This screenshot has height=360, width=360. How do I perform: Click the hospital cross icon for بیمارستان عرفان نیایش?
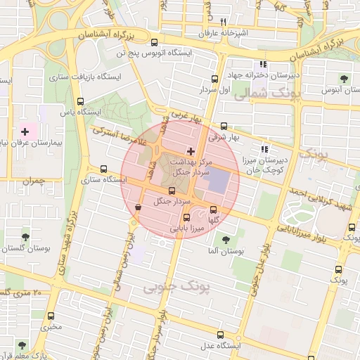25,131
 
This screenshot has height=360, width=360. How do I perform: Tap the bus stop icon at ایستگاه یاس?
80,101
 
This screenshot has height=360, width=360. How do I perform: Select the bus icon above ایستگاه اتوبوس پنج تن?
154,42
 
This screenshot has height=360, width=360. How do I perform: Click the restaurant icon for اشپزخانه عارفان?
223,22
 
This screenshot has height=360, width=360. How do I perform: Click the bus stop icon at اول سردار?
215,79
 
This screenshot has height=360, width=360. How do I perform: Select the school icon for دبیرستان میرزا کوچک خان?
264,148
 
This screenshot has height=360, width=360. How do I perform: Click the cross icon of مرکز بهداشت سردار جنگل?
191,151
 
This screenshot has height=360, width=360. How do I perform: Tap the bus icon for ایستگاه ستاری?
104,169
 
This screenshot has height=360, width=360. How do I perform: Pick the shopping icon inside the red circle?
137,207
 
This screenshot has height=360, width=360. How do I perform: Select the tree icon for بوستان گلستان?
26,237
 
